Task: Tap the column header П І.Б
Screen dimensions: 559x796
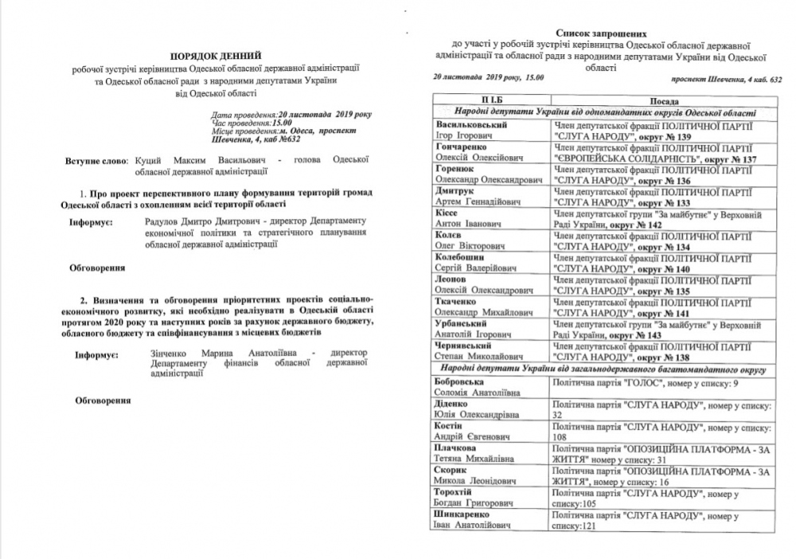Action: pos(489,102)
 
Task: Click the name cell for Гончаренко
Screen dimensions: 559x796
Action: pos(489,154)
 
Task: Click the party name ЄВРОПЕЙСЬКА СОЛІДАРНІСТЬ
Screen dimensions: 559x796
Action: pos(620,158)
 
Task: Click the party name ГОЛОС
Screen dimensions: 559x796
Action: pos(646,384)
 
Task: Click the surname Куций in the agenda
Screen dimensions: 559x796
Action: pos(149,161)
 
